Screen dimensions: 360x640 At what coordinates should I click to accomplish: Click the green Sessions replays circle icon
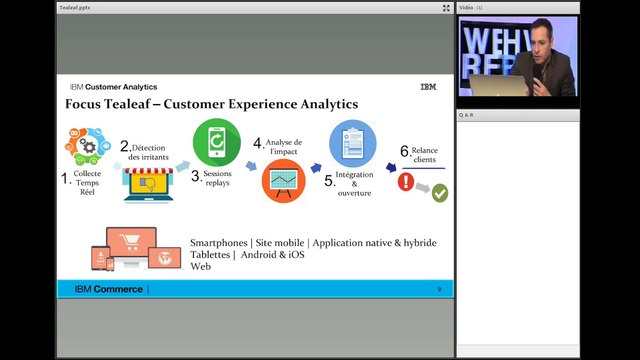tap(216, 142)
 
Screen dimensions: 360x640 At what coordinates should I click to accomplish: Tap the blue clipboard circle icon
tap(353, 142)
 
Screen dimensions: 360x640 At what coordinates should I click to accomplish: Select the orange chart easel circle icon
tap(284, 181)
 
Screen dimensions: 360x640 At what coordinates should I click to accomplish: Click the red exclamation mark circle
tap(406, 181)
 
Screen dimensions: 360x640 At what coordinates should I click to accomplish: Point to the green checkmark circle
tap(439, 193)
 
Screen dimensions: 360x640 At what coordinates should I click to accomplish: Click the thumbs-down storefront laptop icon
tap(148, 183)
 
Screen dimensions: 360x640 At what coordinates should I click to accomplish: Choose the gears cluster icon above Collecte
tap(88, 146)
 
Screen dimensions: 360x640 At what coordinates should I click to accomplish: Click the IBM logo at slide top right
tap(428, 87)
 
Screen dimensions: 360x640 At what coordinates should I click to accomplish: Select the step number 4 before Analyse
tap(258, 144)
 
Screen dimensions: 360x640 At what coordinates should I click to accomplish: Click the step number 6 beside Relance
tap(404, 151)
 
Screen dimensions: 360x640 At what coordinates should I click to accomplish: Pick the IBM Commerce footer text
tap(109, 289)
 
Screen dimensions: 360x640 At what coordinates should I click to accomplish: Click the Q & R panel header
tap(468, 115)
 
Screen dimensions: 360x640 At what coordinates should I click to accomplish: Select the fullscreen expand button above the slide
tap(446, 7)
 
